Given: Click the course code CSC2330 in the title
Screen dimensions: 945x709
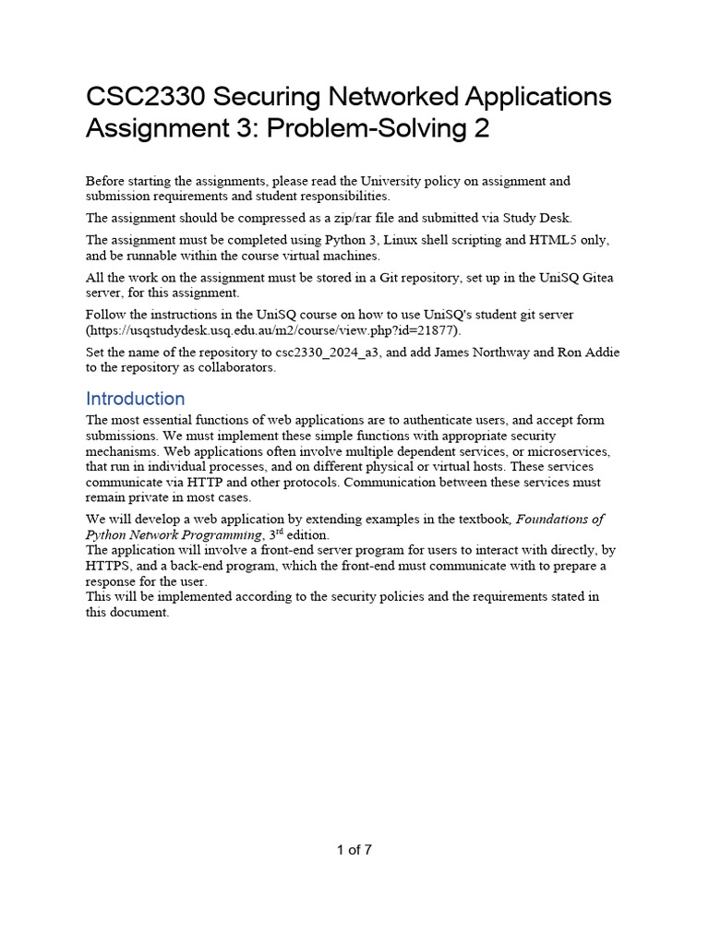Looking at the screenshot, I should [x=140, y=97].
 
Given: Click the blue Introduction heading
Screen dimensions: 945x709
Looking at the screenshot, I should [x=135, y=399].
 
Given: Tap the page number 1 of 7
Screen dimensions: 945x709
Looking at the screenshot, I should [x=354, y=850].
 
